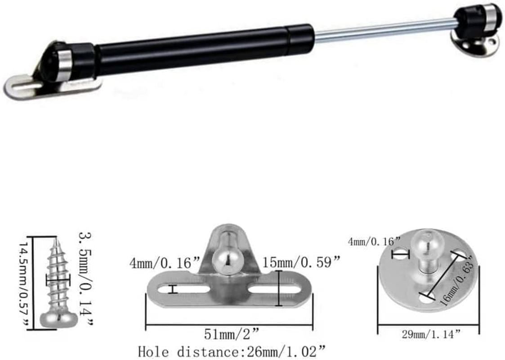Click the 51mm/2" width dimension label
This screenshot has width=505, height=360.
(232, 334)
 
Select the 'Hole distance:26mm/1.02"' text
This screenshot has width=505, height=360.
(232, 351)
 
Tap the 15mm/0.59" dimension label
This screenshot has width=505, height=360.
(301, 262)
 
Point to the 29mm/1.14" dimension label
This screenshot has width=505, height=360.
(431, 334)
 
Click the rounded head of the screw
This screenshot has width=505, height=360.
(59, 320)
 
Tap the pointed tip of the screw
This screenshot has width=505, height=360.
(55, 239)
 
